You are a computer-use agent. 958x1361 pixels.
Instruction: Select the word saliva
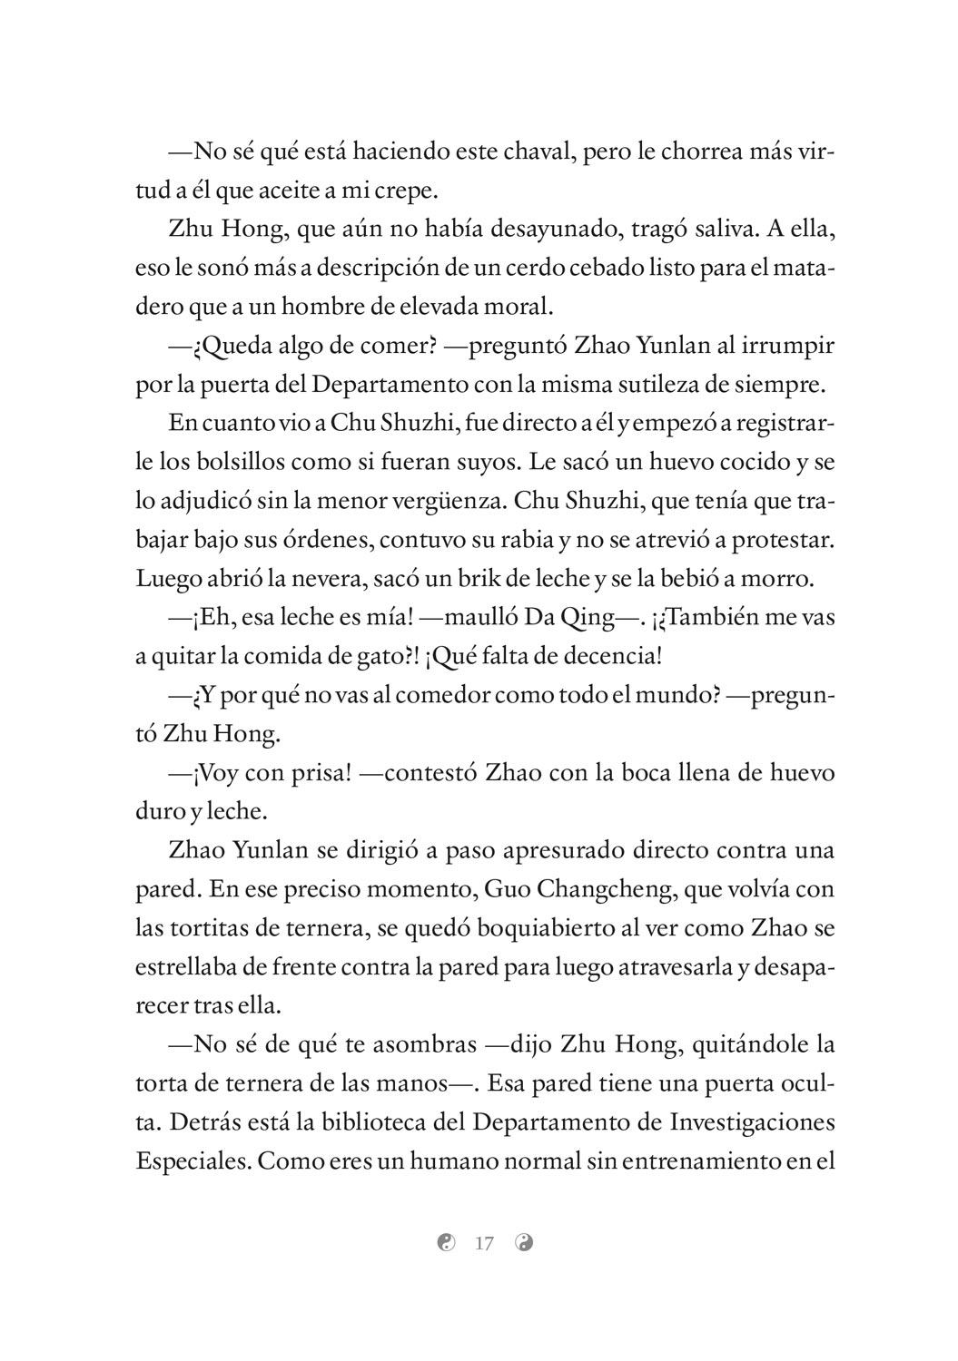pyautogui.click(x=717, y=230)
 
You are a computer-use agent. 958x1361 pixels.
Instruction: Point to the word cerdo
pyautogui.click(x=550, y=269)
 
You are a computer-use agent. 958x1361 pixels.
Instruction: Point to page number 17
pyautogui.click(x=484, y=1243)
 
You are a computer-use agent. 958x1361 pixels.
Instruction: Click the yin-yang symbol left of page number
pyautogui.click(x=445, y=1243)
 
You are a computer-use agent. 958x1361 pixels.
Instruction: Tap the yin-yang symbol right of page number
pyautogui.click(x=524, y=1243)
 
